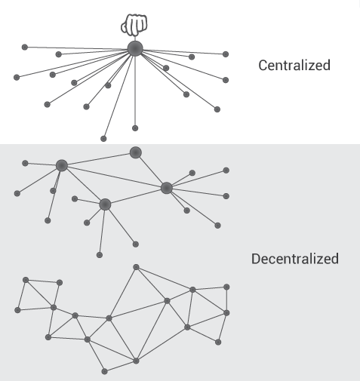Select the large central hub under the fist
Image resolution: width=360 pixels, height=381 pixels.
pyautogui.click(x=135, y=50)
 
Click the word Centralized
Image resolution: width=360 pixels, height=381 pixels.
pyautogui.click(x=294, y=65)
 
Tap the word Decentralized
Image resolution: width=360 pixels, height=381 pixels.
pyautogui.click(x=294, y=259)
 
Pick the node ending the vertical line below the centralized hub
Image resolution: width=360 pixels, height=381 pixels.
pyautogui.click(x=135, y=128)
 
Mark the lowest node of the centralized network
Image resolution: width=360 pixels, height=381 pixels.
pyautogui.click(x=103, y=139)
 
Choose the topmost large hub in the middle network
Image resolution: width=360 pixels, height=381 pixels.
pyautogui.click(x=135, y=152)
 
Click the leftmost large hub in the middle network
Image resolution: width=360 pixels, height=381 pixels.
pyautogui.click(x=62, y=165)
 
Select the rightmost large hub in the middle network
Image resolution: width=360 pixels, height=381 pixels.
pyautogui.click(x=167, y=187)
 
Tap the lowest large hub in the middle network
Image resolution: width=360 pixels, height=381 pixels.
pyautogui.click(x=105, y=204)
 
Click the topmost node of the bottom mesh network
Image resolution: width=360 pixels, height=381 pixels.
pyautogui.click(x=136, y=266)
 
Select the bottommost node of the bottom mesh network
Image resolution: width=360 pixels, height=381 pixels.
pyautogui.click(x=104, y=371)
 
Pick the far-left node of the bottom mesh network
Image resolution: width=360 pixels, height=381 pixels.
pyautogui.click(x=17, y=310)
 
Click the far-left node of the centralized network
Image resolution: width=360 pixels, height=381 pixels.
pyautogui.click(x=16, y=77)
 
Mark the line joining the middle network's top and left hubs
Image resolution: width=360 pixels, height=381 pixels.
pyautogui.click(x=98, y=159)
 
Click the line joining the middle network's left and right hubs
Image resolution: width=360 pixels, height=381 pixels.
pyautogui.click(x=113, y=176)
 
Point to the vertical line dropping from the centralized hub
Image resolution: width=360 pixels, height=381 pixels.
pyautogui.click(x=135, y=91)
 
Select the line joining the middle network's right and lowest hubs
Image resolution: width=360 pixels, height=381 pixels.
pyautogui.click(x=136, y=196)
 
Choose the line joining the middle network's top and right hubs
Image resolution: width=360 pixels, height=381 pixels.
pyautogui.click(x=151, y=170)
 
